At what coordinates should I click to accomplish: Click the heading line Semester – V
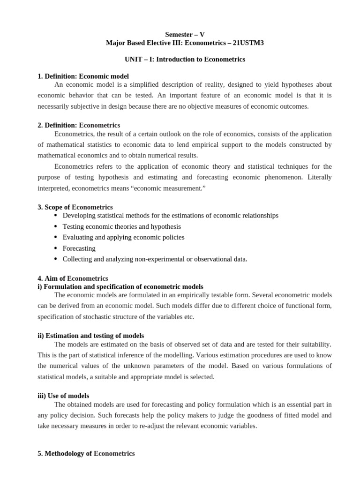coord(185,34)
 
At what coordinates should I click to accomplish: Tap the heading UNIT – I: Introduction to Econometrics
coord(185,60)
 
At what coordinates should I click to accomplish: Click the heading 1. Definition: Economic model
coord(83,76)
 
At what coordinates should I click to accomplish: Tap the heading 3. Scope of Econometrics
coord(75,207)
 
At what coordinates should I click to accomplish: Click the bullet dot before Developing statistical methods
coord(56,216)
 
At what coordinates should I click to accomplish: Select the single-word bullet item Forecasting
coord(79,248)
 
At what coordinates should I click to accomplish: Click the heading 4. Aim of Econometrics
coord(73,278)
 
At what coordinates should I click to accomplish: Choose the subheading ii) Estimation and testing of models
coord(90,336)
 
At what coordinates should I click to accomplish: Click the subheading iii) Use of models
coord(63,396)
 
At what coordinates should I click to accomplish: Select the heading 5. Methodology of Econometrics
coord(86,453)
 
